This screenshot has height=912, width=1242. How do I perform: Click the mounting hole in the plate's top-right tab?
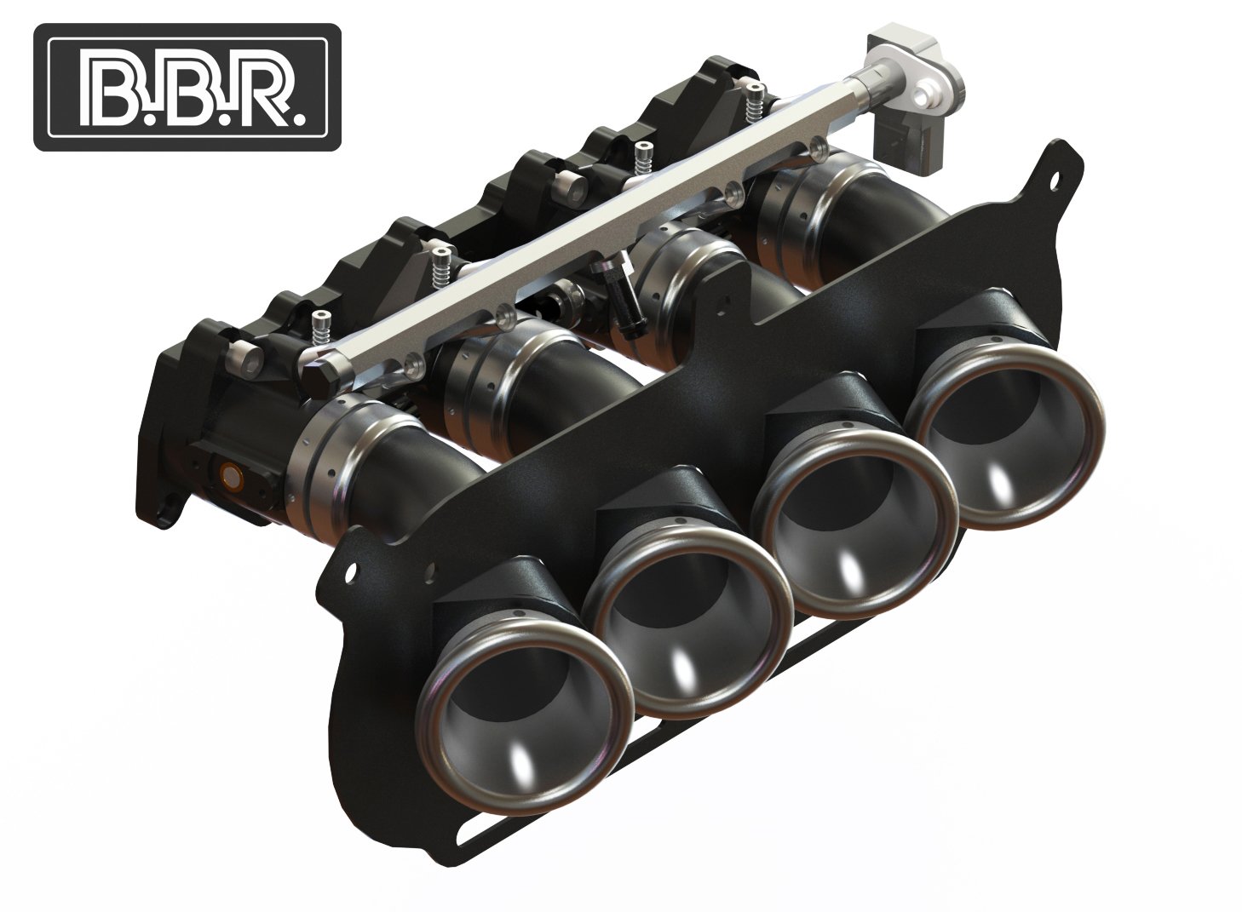click(x=1056, y=180)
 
